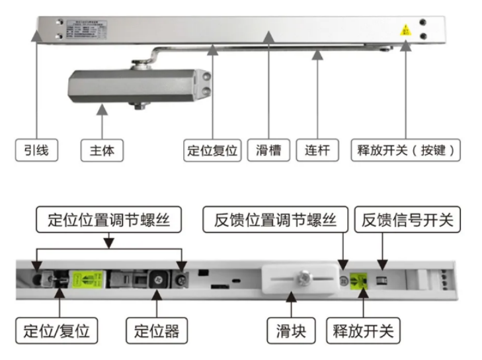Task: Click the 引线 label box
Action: [36, 150]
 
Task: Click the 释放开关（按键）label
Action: [406, 150]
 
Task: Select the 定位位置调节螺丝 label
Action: [109, 220]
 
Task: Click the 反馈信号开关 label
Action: [407, 220]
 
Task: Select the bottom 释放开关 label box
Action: [363, 329]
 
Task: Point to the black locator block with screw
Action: [159, 278]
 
